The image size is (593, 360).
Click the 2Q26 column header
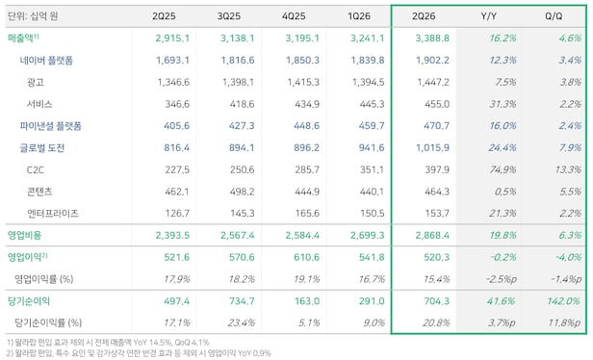pyautogui.click(x=424, y=16)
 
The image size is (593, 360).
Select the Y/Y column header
pyautogui.click(x=488, y=16)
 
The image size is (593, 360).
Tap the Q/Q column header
pyautogui.click(x=554, y=16)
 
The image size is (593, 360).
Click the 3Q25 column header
pyautogui.click(x=229, y=16)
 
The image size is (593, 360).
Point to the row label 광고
pyautogui.click(x=36, y=82)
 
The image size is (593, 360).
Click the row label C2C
pyautogui.click(x=36, y=169)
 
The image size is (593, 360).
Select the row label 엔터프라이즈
pyautogui.click(x=53, y=214)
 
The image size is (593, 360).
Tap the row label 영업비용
pyautogui.click(x=25, y=235)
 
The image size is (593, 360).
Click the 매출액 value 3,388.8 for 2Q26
pyautogui.click(x=432, y=39)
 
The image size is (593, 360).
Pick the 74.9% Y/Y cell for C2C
pyautogui.click(x=503, y=169)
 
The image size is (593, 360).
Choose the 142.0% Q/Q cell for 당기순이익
pyautogui.click(x=563, y=301)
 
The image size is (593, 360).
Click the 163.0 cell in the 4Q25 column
pyautogui.click(x=307, y=301)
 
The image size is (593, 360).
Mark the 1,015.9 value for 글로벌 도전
pyautogui.click(x=432, y=148)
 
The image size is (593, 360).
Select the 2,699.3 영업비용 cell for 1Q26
pyautogui.click(x=367, y=235)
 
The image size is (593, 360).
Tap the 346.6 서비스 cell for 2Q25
pyautogui.click(x=177, y=104)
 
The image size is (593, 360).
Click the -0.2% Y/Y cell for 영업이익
pyautogui.click(x=503, y=257)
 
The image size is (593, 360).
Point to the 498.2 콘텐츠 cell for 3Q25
pyautogui.click(x=242, y=192)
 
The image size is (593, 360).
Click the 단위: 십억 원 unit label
pyautogui.click(x=33, y=16)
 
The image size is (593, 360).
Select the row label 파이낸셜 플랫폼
pyautogui.click(x=51, y=126)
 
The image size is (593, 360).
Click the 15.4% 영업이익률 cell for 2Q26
pyautogui.click(x=436, y=279)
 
